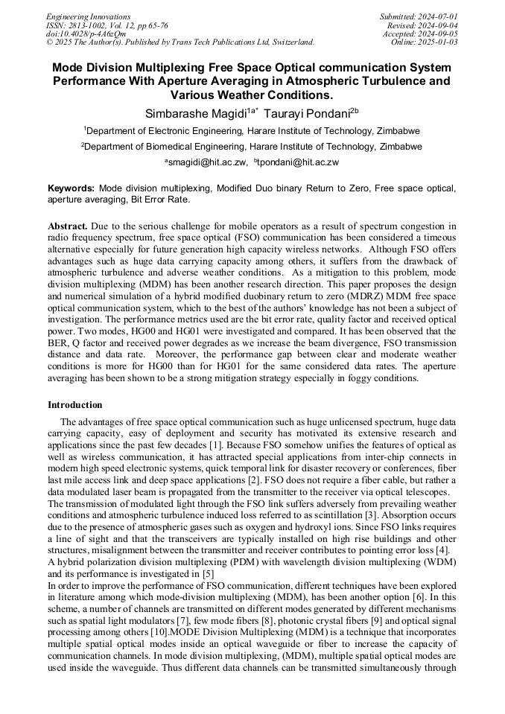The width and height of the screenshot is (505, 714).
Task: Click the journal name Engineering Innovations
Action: pyautogui.click(x=88, y=16)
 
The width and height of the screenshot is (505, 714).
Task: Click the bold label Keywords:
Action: pyautogui.click(x=72, y=189)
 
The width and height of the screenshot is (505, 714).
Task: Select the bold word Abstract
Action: pyautogui.click(x=69, y=226)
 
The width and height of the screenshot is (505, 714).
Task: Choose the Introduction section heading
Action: pyautogui.click(x=75, y=405)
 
